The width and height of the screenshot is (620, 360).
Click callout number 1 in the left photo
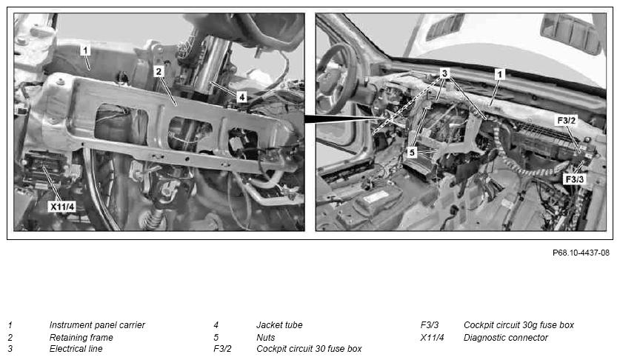tap(85, 50)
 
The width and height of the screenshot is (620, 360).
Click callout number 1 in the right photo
tap(499, 74)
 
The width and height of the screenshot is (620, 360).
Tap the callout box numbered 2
tap(159, 72)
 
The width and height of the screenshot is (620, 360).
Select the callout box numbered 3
tap(445, 73)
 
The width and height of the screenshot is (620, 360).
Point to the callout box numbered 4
tap(241, 96)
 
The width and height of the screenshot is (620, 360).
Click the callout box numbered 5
tap(412, 153)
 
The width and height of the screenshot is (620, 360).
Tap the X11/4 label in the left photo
tap(62, 206)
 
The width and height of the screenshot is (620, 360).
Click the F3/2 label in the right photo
tap(566, 120)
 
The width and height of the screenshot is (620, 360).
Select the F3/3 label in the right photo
tap(575, 179)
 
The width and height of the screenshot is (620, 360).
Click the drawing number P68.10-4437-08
tap(581, 253)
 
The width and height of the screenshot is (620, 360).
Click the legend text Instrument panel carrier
tap(97, 324)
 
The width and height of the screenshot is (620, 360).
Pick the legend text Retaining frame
tap(81, 338)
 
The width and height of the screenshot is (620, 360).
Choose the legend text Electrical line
tap(76, 349)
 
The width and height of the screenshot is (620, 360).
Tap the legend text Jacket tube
tap(279, 324)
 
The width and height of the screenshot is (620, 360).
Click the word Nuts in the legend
tap(266, 338)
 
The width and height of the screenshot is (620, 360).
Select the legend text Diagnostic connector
tap(506, 338)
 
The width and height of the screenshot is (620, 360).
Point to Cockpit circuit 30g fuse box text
tap(519, 324)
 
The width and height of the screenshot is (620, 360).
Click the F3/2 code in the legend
tap(223, 349)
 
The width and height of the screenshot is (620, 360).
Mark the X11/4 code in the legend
tap(432, 338)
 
